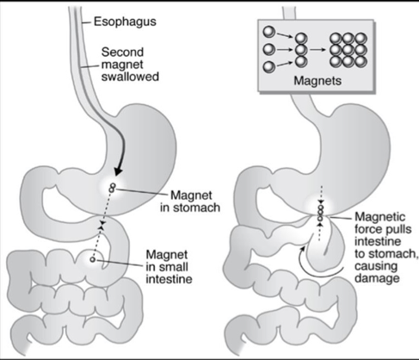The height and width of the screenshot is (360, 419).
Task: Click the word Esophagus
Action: coord(125,22)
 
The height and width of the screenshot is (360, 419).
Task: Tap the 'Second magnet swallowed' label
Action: coord(130,65)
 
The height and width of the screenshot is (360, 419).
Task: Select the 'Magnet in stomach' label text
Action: coord(190,202)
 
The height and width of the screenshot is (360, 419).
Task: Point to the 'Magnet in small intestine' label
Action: coord(169,267)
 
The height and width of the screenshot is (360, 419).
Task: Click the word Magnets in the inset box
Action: coord(317,81)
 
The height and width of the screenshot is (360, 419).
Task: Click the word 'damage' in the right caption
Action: coord(377,278)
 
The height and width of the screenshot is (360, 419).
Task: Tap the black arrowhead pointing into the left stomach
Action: coord(119,171)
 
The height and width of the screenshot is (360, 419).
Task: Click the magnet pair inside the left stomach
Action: coord(112,188)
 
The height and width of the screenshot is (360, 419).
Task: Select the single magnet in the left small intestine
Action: coord(92,259)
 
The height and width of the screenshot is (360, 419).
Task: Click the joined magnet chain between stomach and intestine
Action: coord(321,213)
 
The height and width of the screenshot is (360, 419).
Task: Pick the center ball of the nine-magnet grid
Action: coord(348,50)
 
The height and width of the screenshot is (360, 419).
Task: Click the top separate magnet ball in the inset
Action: coord(268,32)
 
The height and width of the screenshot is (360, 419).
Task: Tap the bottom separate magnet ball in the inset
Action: coord(268,67)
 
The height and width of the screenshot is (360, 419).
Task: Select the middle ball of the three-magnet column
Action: coord(301,50)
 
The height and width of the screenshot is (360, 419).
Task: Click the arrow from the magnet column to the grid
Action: coord(318,50)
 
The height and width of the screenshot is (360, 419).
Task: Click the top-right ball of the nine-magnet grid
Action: coord(360,39)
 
